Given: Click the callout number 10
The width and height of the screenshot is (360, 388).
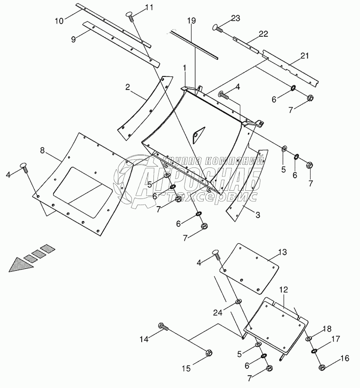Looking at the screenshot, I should click(x=60, y=20).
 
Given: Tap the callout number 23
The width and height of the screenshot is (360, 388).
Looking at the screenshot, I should click(x=235, y=18).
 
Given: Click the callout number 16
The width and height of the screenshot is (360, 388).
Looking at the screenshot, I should click(x=344, y=359).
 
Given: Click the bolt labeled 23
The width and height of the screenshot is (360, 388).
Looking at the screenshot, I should click(x=217, y=29).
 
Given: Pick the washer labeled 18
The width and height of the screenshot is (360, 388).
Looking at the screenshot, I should click(x=309, y=338).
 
